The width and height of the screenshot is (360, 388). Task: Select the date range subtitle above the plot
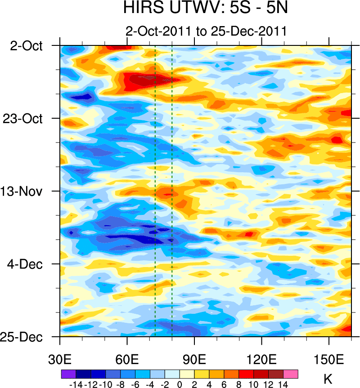(207, 32)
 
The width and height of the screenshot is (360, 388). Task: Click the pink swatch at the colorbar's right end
(291, 374)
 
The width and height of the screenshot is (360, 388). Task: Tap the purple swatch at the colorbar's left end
(68, 374)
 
